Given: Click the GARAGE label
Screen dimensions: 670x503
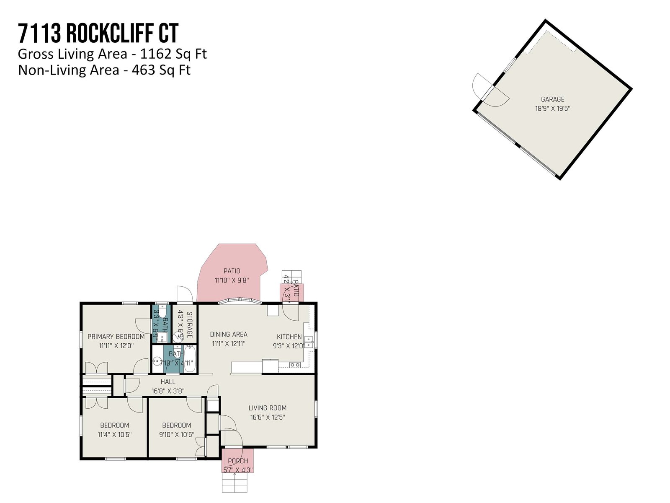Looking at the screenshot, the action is [x=552, y=99].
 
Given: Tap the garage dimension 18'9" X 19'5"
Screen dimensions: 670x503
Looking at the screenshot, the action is [x=552, y=109].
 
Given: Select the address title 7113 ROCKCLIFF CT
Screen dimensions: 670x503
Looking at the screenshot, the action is [x=98, y=34].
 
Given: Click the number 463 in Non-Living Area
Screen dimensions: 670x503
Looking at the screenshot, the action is [x=143, y=70].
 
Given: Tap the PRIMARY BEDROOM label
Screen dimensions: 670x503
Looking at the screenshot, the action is [x=116, y=337].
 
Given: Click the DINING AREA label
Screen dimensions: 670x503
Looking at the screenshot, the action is [x=229, y=334].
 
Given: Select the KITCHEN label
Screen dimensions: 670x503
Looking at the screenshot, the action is [x=289, y=337].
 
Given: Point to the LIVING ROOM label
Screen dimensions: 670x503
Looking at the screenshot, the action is [x=268, y=408].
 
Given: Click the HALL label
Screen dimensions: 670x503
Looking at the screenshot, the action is [x=168, y=382].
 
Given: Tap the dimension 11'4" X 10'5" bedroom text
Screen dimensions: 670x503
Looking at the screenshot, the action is [x=114, y=435].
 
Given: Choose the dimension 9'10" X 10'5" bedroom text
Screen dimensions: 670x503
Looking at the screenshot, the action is [x=176, y=435].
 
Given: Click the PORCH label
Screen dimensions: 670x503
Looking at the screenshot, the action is [x=238, y=461].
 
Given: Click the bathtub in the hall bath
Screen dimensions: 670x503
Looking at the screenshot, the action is [x=190, y=359].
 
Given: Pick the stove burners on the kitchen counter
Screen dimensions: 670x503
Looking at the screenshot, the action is [x=295, y=365].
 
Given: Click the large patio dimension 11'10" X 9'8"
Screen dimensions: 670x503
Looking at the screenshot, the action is [x=232, y=280].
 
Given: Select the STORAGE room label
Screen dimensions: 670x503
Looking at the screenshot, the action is [x=190, y=325].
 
